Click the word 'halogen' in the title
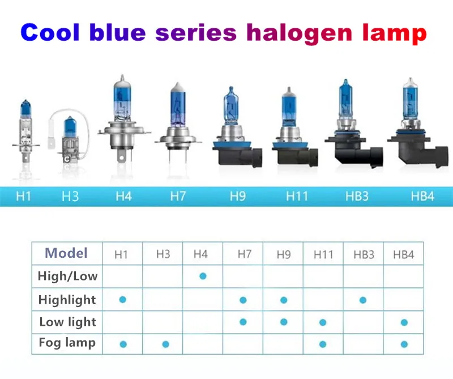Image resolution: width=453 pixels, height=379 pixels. click(x=300, y=35)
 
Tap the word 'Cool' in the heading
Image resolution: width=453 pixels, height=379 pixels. click(x=50, y=32)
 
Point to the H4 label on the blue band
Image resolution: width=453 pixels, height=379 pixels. click(x=123, y=196)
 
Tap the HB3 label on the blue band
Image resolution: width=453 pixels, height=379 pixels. click(x=357, y=196)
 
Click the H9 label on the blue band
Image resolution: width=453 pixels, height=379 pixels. click(x=238, y=196)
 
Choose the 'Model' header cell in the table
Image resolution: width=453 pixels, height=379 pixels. click(x=66, y=253)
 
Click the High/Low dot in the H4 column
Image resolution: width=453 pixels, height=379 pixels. click(x=203, y=276)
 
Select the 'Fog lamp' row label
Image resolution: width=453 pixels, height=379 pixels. click(x=67, y=343)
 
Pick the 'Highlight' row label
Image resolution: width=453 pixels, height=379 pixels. click(x=67, y=300)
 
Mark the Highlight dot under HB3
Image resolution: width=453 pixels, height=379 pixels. click(x=363, y=300)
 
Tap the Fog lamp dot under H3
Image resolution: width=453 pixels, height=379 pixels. click(x=165, y=344)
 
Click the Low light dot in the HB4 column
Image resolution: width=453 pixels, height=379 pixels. click(x=404, y=322)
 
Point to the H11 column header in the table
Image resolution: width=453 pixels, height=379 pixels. click(x=323, y=255)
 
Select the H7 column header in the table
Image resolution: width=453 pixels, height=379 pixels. click(x=245, y=254)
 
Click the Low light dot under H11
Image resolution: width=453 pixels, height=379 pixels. click(x=323, y=322)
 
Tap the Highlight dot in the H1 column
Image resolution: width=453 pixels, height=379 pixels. click(x=123, y=300)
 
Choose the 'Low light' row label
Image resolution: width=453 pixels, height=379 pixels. click(x=67, y=322)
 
